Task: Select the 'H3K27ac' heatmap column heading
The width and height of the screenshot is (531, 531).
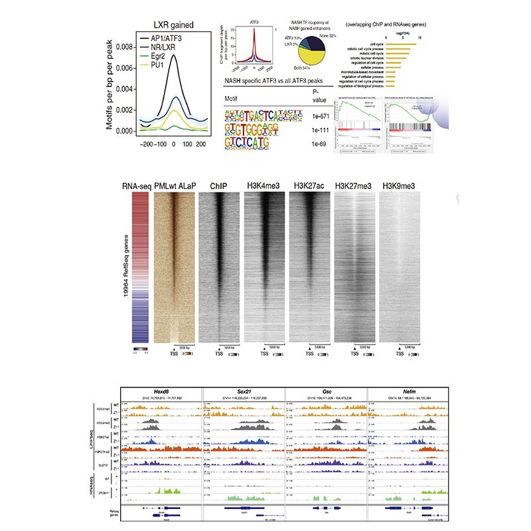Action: click(x=310, y=187)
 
